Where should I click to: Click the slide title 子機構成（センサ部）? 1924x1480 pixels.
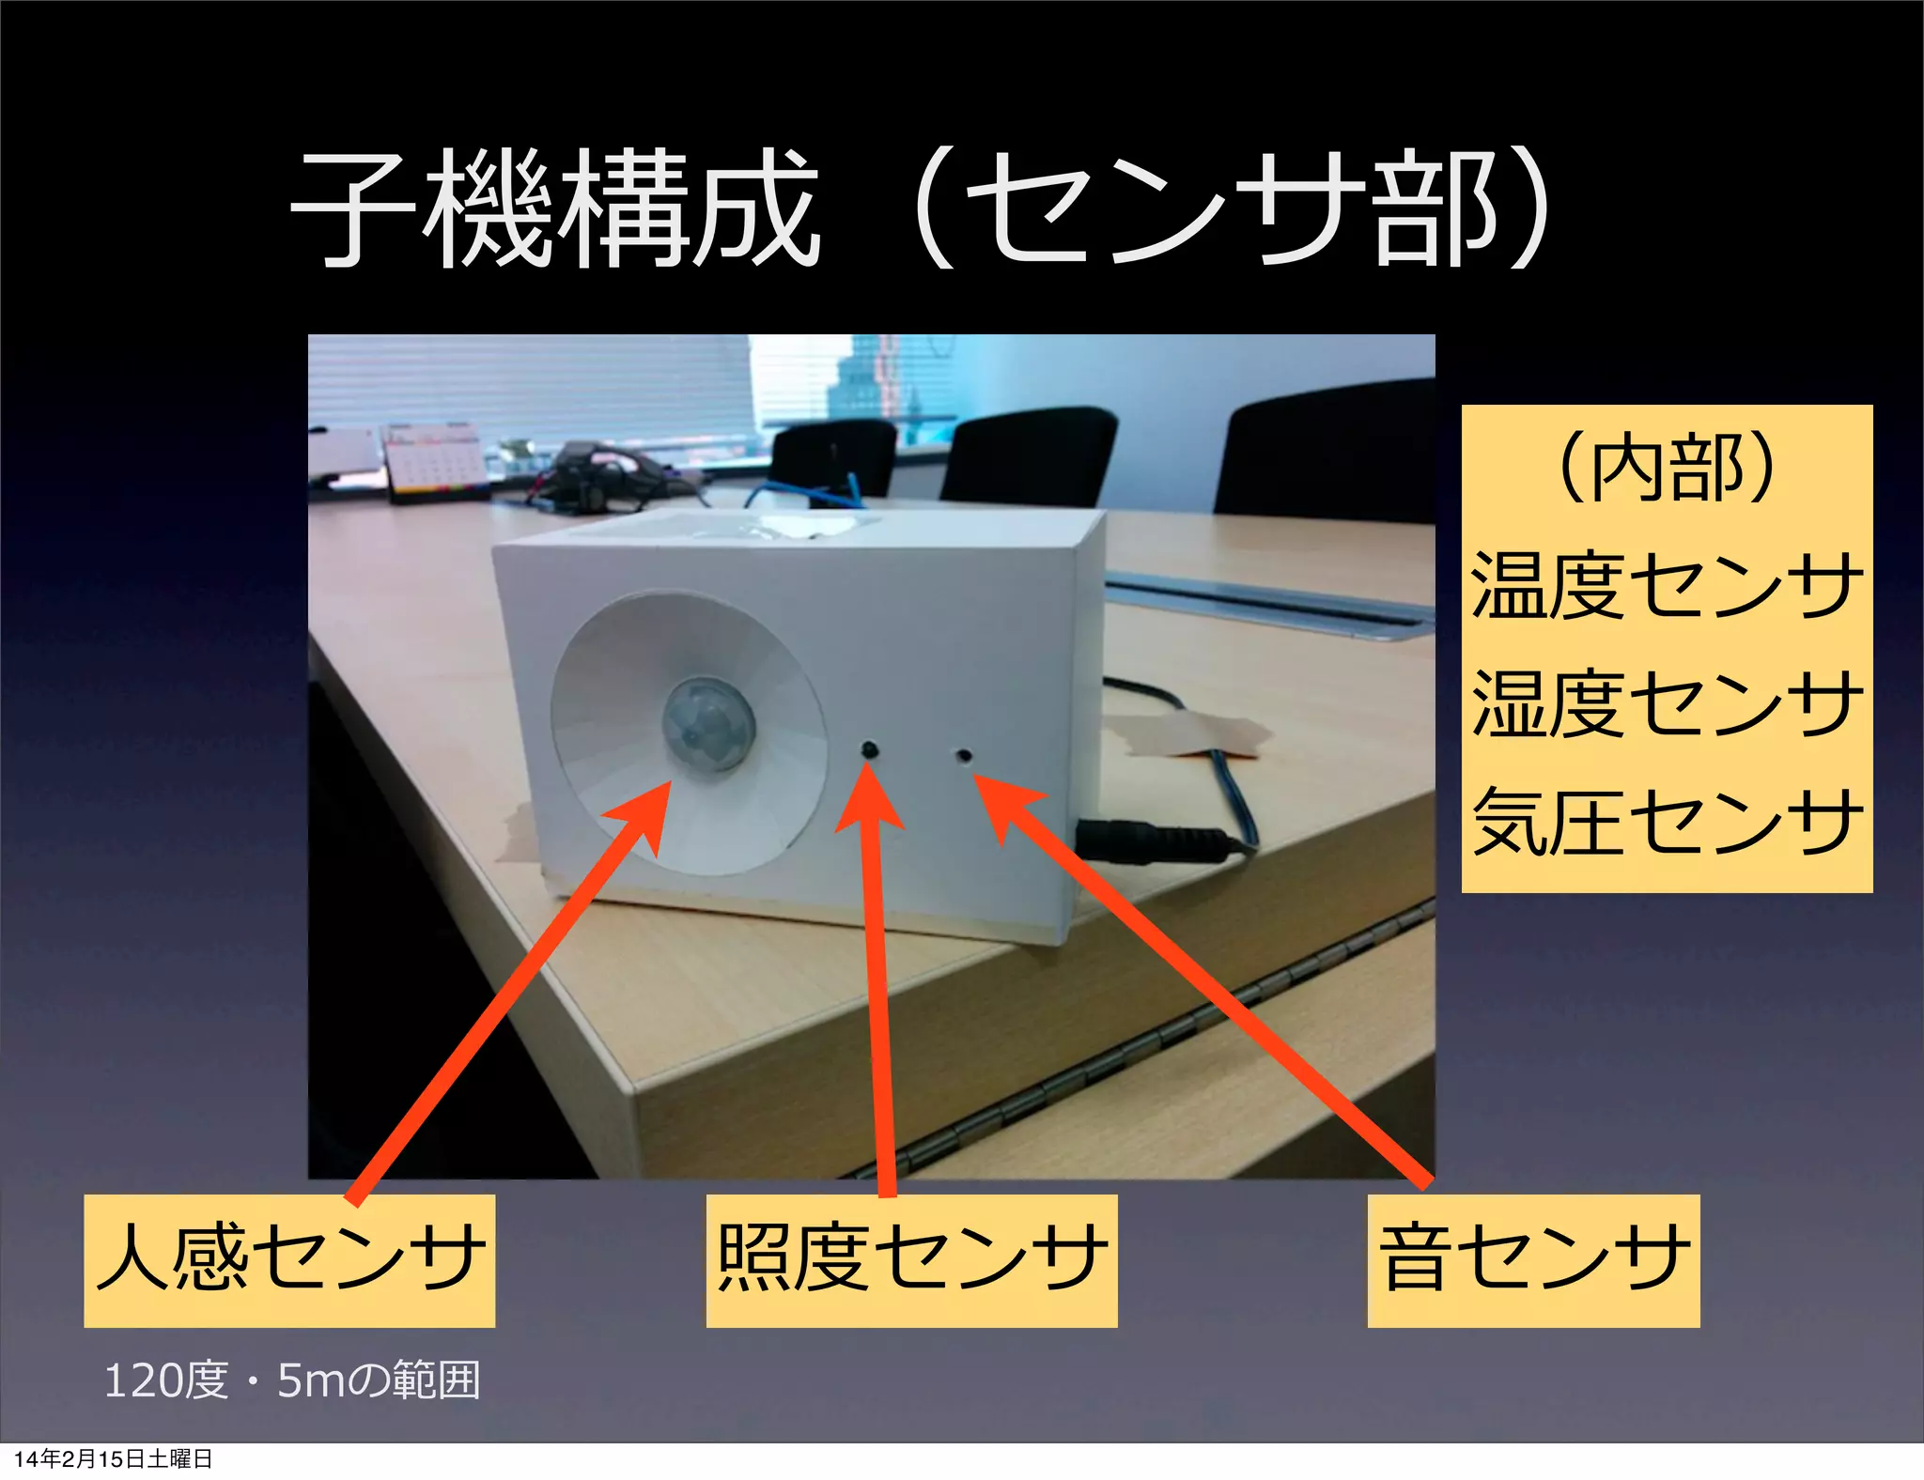tap(921, 208)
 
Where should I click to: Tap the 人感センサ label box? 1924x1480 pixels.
tap(289, 1259)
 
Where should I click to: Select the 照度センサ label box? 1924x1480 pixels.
tap(911, 1259)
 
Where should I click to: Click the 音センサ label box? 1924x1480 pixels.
tap(1533, 1259)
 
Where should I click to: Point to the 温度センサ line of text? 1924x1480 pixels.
tap(1666, 585)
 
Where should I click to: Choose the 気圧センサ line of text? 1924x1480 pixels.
tap(1666, 821)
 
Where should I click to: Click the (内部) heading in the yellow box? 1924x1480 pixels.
tap(1666, 468)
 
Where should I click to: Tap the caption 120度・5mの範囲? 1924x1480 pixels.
tap(291, 1380)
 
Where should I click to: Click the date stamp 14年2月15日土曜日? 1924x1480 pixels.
tap(113, 1458)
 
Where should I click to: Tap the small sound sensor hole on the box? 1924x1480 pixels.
tap(962, 754)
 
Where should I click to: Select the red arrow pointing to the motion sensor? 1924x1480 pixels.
tap(507, 995)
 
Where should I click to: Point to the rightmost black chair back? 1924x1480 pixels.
tap(1325, 451)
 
